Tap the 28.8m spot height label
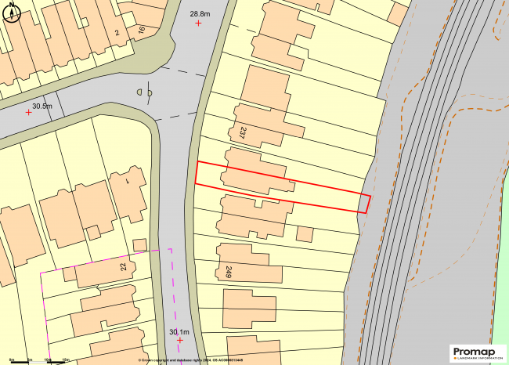pyautogui.click(x=200, y=14)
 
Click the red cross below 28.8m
pyautogui.click(x=198, y=23)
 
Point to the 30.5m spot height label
pyautogui.click(x=42, y=106)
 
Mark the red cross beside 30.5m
pyautogui.click(x=29, y=113)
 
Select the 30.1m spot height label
pyautogui.click(x=179, y=331)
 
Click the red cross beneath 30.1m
pyautogui.click(x=180, y=341)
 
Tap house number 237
pyautogui.click(x=243, y=132)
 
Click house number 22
pyautogui.click(x=123, y=266)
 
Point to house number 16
pyautogui.click(x=141, y=31)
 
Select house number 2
pyautogui.click(x=117, y=32)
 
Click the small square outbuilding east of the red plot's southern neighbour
pyautogui.click(x=305, y=233)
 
